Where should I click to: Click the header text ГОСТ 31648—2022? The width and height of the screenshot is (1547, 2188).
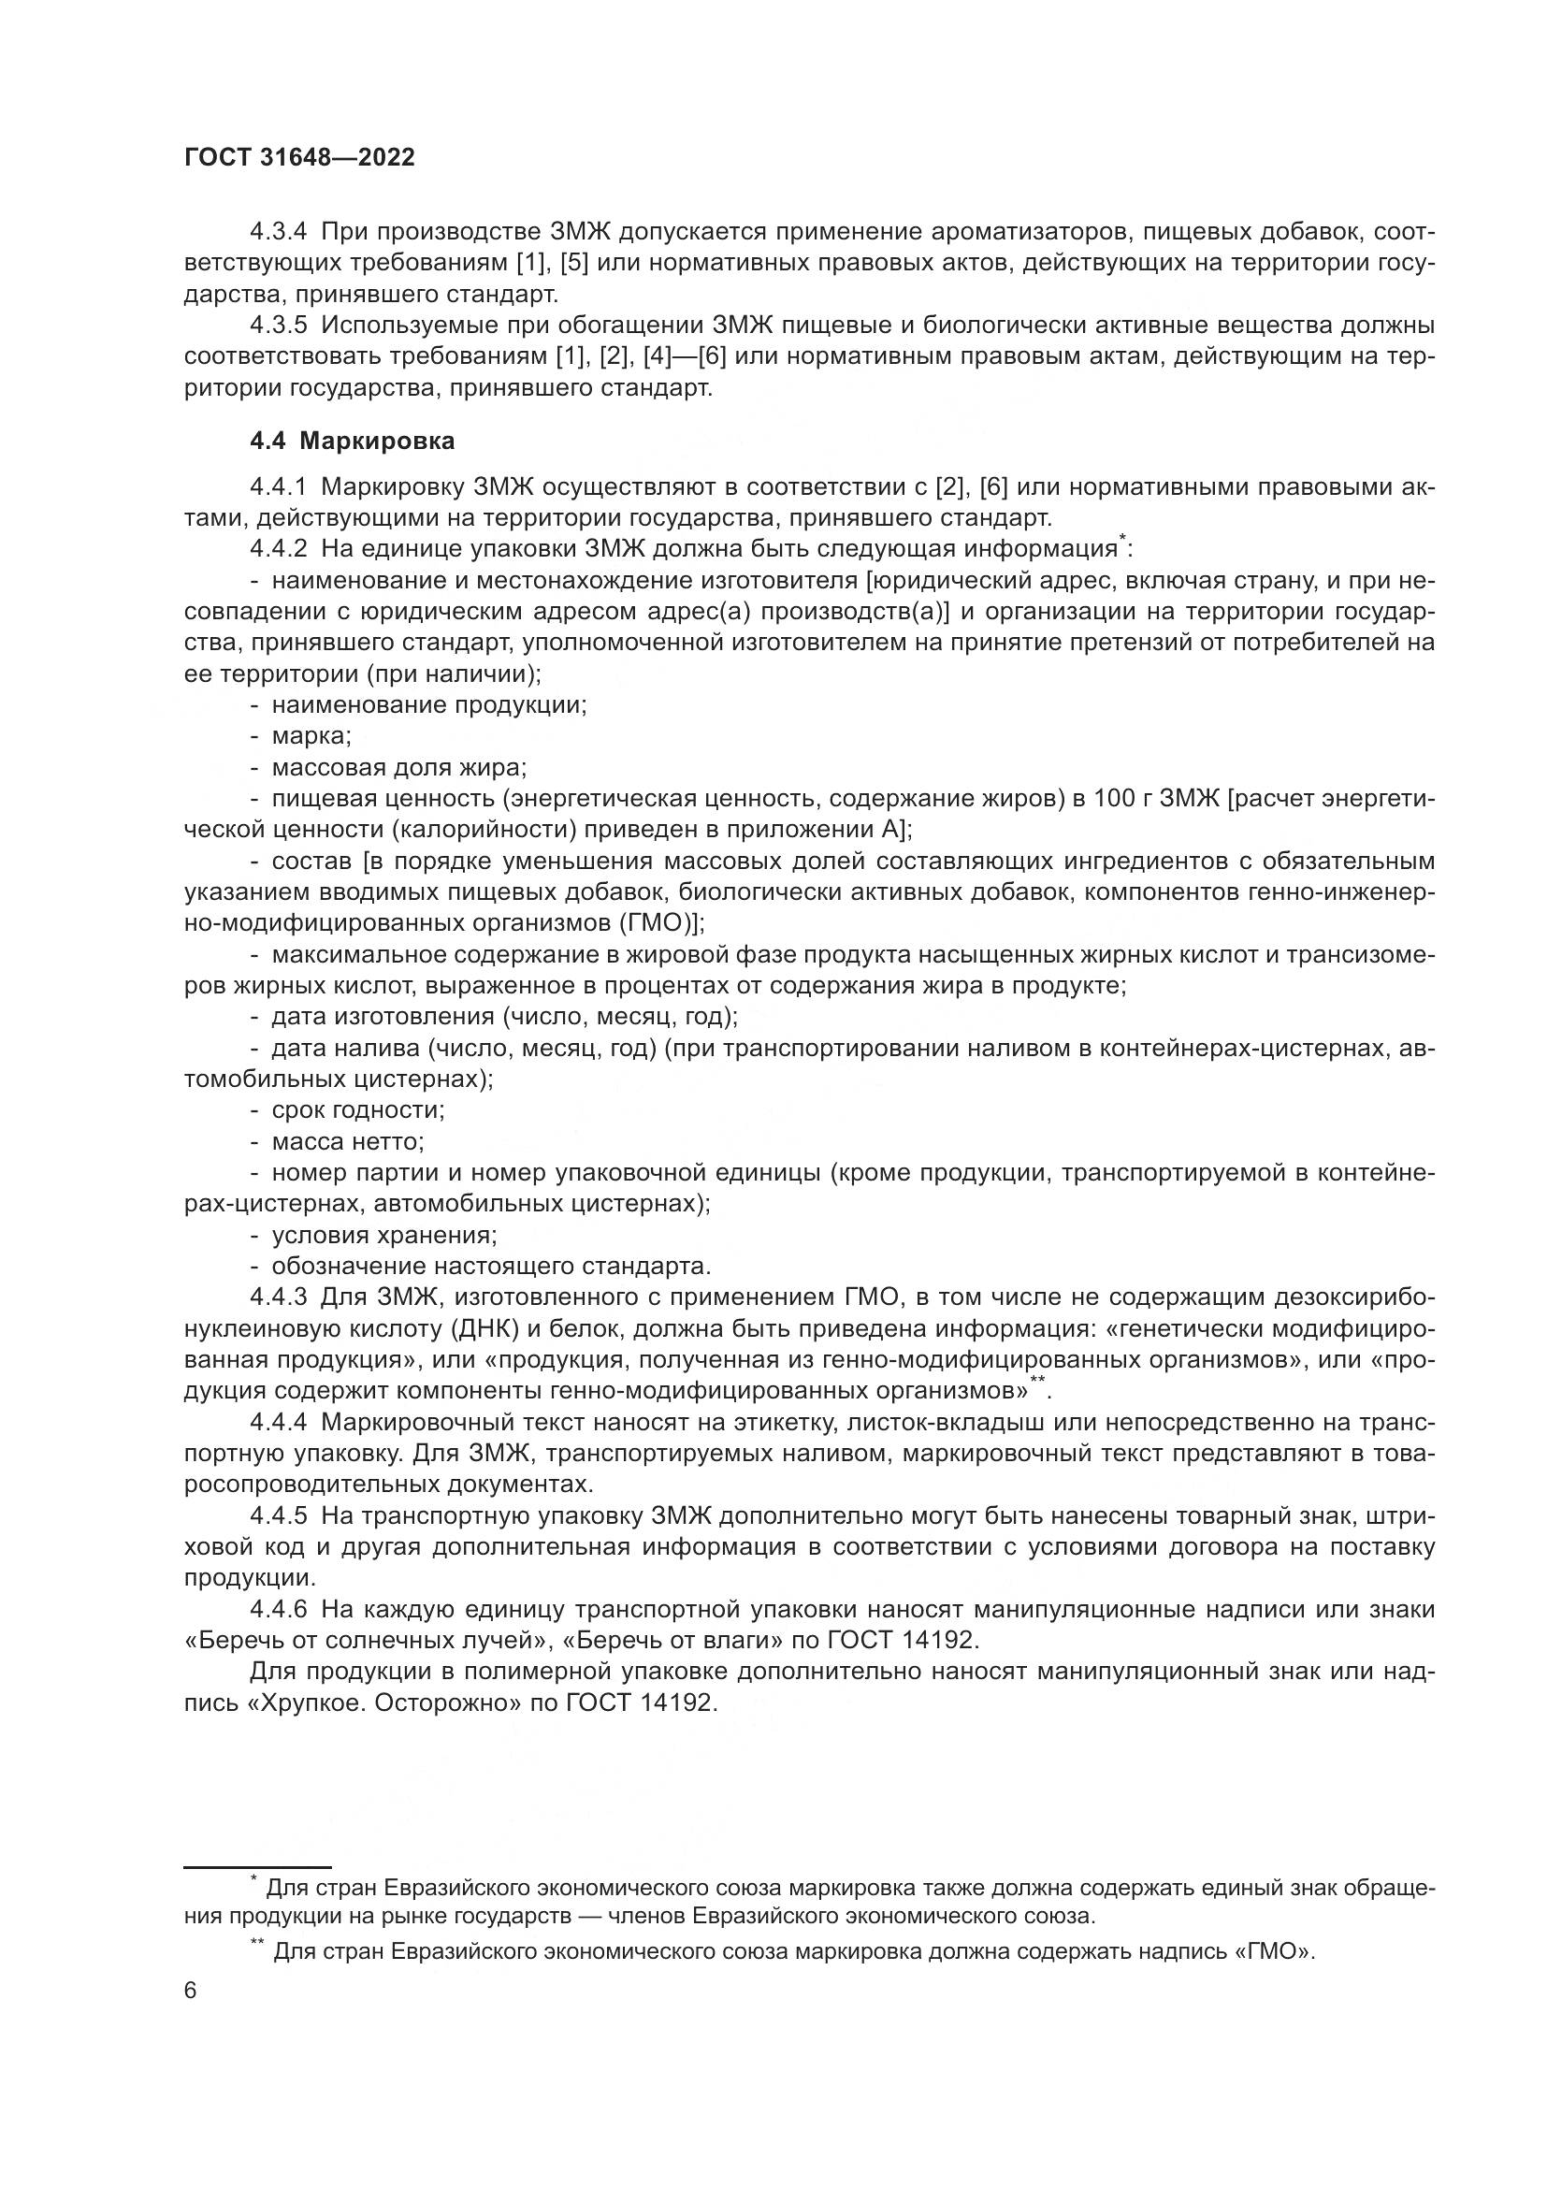coord(299,158)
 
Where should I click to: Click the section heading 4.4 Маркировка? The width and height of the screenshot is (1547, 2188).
coord(352,442)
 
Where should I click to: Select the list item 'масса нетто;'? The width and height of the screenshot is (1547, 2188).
coord(348,1141)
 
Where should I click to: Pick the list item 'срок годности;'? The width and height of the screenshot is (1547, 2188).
coord(358,1110)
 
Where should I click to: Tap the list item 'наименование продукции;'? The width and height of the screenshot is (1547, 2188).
coord(428,705)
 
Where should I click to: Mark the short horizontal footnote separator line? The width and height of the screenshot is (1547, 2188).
coord(257,1867)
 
